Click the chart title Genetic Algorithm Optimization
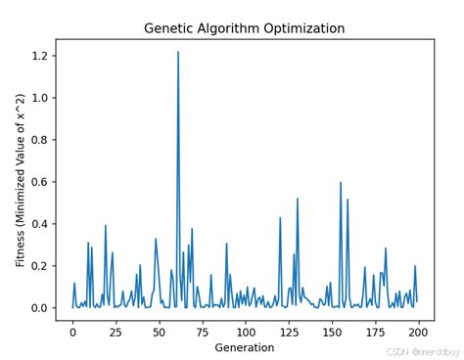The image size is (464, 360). click(244, 28)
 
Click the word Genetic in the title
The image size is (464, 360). click(167, 28)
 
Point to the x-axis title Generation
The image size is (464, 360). click(244, 346)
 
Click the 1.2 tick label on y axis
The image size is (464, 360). click(39, 57)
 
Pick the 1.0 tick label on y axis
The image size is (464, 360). click(39, 99)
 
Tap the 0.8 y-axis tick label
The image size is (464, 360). click(39, 141)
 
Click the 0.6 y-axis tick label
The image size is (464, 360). click(39, 182)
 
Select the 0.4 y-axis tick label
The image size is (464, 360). click(39, 224)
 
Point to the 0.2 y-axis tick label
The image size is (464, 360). click(39, 266)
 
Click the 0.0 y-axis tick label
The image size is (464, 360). click(39, 308)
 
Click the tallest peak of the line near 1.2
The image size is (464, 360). click(178, 53)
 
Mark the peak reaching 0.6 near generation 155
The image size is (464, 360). click(341, 183)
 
